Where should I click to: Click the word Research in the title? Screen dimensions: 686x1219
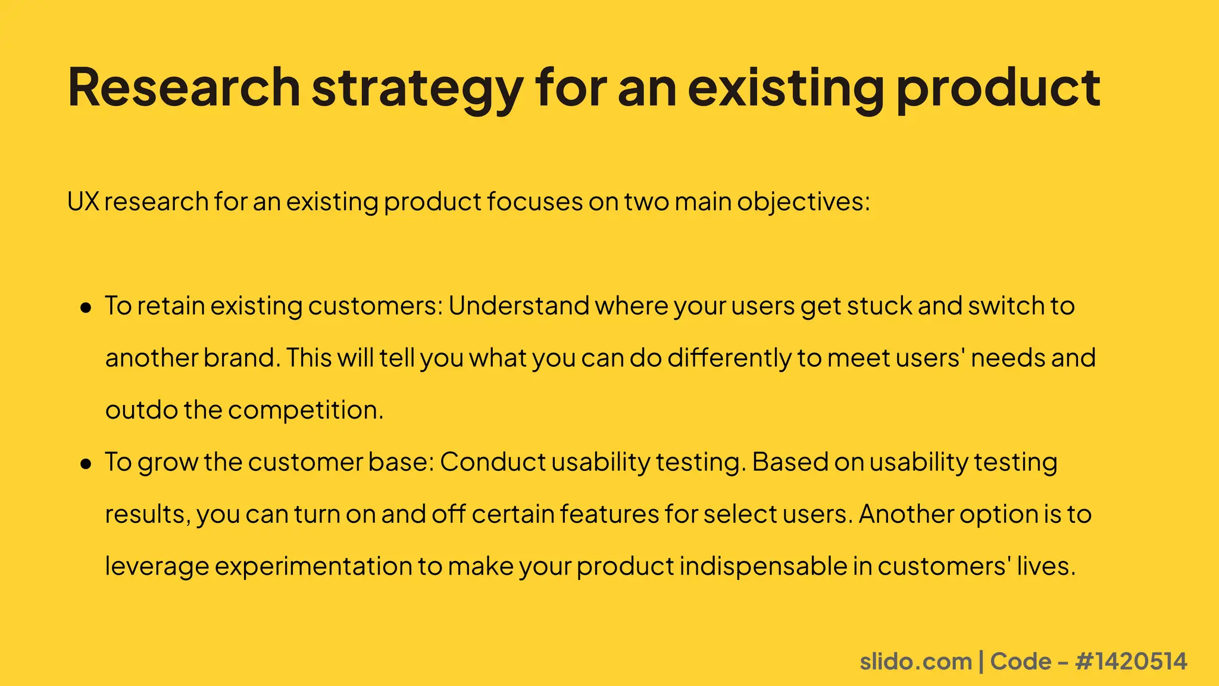(x=183, y=88)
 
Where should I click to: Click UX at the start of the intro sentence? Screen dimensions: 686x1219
(x=83, y=202)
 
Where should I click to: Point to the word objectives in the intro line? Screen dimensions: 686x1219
(x=803, y=202)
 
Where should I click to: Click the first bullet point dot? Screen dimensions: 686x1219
(x=86, y=308)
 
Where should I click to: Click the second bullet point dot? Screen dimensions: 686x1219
(x=86, y=464)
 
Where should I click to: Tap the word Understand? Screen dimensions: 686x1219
(x=518, y=306)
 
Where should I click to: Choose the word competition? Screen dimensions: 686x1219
(x=305, y=410)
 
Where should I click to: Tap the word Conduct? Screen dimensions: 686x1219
(x=492, y=462)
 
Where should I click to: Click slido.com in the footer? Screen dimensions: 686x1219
(x=915, y=662)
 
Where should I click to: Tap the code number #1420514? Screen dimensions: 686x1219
(x=1132, y=662)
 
